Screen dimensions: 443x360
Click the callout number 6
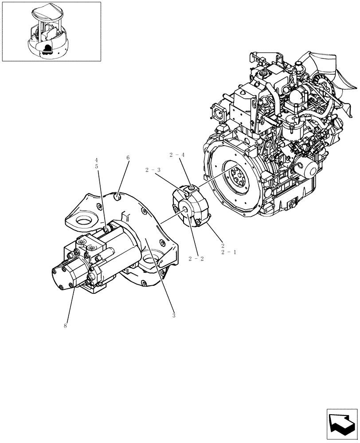tap(128, 158)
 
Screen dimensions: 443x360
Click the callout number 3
tap(174, 315)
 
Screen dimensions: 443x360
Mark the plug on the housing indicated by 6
tap(118, 195)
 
